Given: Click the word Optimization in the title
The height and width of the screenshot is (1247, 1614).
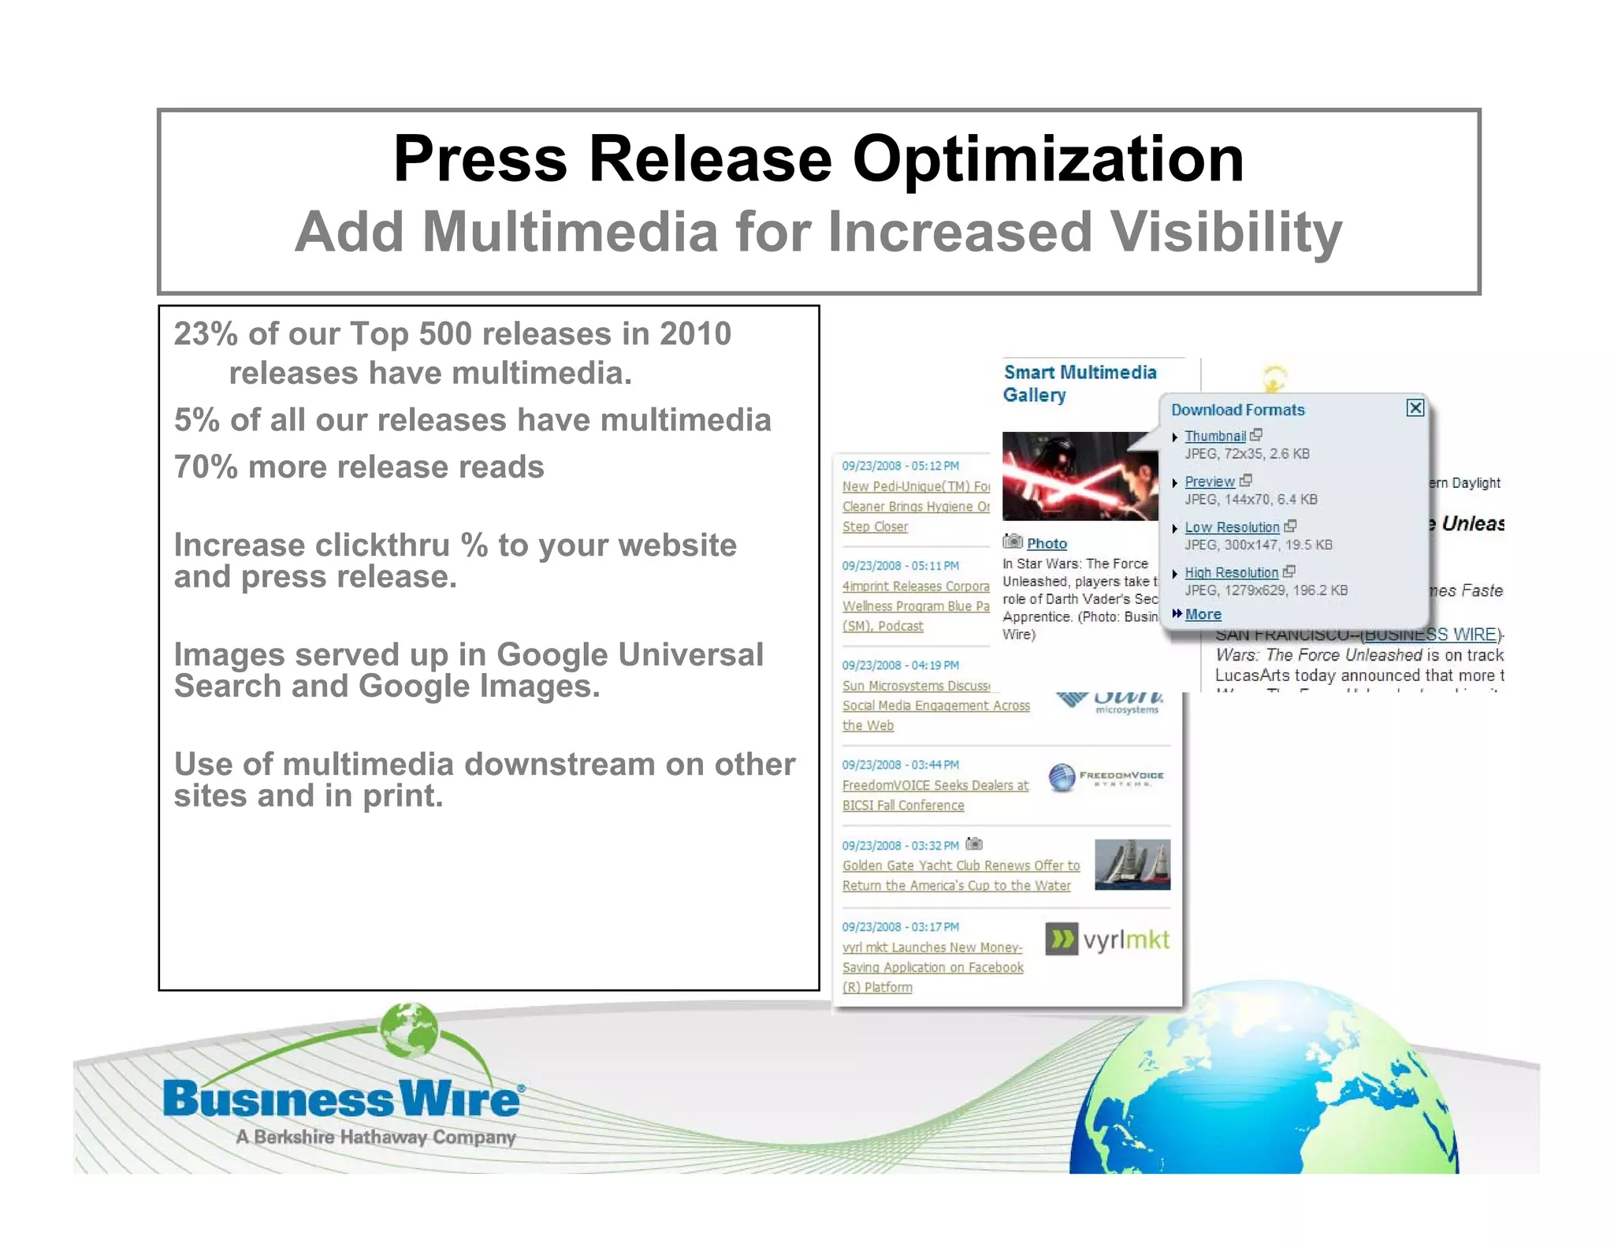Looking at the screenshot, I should coord(1047,159).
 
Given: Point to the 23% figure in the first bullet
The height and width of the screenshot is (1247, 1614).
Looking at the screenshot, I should coord(206,334).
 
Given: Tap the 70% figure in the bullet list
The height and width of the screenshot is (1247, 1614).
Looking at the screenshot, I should coord(206,467).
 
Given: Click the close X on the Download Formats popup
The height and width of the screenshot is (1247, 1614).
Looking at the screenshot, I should coord(1415,408).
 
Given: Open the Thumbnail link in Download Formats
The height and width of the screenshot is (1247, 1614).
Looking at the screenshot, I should coord(1215,436).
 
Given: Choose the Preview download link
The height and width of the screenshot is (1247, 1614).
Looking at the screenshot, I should coord(1210,482).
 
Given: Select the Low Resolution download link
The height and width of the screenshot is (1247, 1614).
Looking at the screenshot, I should coord(1232,527).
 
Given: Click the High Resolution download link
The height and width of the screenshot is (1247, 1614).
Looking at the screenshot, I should coord(1231,573).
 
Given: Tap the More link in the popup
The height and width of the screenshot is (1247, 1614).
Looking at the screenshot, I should coord(1203,614).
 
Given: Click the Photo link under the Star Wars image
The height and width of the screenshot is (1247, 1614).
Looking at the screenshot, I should coord(1047,544).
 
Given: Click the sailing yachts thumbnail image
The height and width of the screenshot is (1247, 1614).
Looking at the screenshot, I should coord(1132,865).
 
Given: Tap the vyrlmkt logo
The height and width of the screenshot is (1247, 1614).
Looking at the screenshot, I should coord(1107,940).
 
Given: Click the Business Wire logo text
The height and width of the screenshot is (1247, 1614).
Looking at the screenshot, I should coord(341,1100).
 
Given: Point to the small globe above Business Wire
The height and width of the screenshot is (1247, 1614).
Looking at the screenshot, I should coord(408,1032).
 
